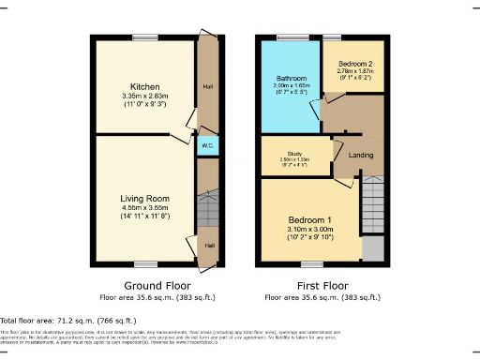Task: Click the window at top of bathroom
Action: tap(285, 37)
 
